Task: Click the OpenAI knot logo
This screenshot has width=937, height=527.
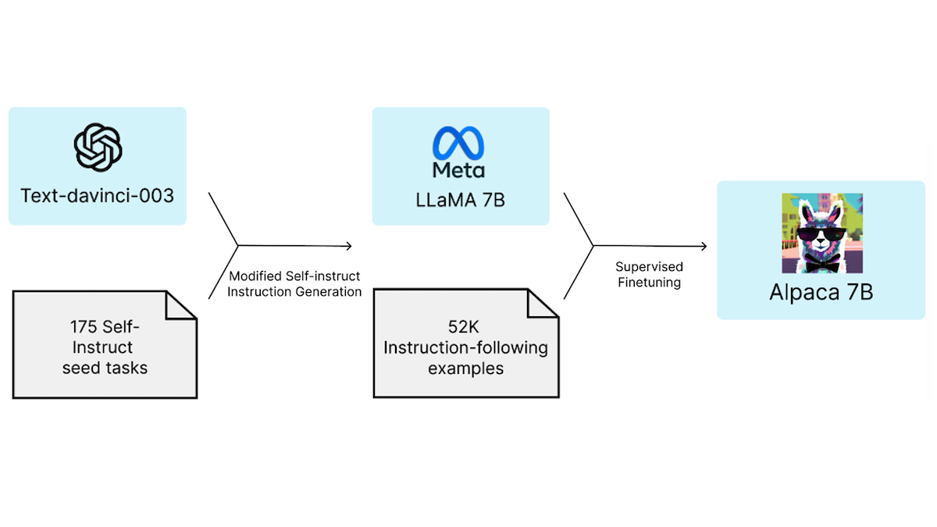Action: tap(98, 148)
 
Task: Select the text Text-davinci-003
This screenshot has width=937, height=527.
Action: tap(98, 195)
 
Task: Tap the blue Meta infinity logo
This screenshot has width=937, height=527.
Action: tap(459, 144)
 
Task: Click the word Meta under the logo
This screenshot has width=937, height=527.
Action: tap(459, 170)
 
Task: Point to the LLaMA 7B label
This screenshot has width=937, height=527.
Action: tap(460, 200)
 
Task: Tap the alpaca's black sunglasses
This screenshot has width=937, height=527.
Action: tap(822, 233)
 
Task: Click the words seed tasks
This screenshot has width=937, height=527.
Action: tap(105, 367)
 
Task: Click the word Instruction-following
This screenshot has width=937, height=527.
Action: tap(465, 347)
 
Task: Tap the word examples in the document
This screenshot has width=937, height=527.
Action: tap(465, 367)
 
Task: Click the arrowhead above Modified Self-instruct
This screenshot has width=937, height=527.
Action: tap(348, 246)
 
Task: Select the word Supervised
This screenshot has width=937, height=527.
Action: tap(649, 266)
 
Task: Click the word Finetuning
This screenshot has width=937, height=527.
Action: tap(649, 283)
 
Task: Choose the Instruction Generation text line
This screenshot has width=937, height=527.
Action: tap(294, 292)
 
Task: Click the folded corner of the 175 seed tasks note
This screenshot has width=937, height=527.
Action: tap(181, 306)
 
